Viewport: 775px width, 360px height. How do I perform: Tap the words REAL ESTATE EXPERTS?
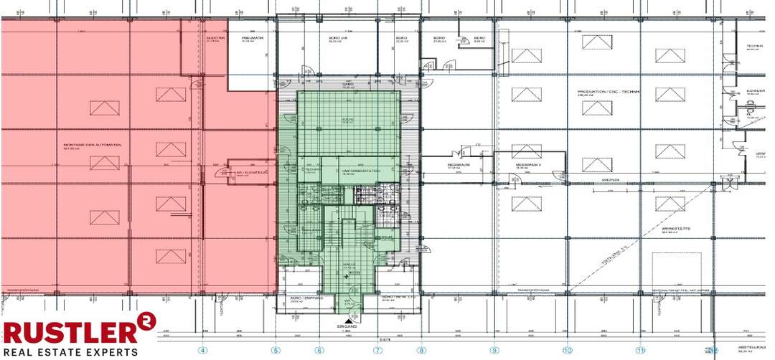pos(70,352)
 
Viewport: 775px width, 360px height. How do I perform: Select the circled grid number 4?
pos(203,351)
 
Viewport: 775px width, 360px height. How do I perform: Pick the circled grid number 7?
pos(377,351)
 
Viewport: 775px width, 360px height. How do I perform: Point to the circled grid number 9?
pos(494,351)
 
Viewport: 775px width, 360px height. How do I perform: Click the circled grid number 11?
pos(640,351)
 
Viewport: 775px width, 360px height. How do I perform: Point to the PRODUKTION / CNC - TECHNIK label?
pos(609,93)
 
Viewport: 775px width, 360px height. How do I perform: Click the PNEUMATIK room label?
pos(252,37)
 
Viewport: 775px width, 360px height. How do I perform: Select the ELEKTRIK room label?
pos(216,37)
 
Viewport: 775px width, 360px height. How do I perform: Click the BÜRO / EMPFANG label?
pos(297,298)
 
